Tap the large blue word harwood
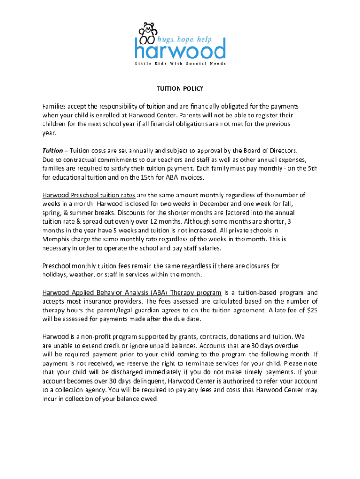click(180, 49)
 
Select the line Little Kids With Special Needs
click(180, 63)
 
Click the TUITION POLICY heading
click(180, 88)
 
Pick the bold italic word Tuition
click(52, 151)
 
